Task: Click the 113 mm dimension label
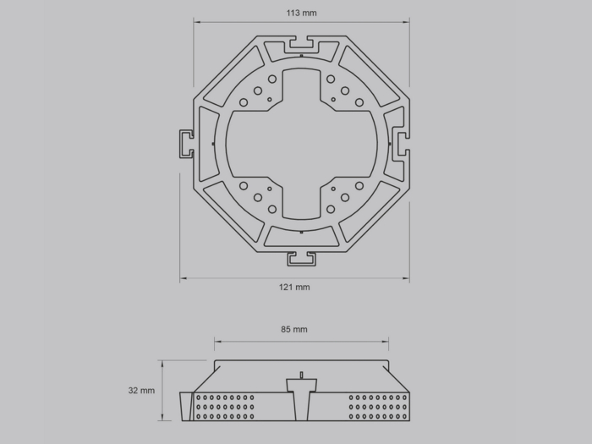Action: point(301,13)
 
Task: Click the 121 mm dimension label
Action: point(294,288)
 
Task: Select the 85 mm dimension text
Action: point(294,330)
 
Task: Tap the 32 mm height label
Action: point(141,391)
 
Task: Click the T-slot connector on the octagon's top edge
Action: point(301,45)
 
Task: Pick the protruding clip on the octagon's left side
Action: point(187,144)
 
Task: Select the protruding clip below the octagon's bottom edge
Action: point(301,259)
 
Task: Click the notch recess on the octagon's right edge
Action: point(400,144)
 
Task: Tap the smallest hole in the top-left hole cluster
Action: point(270,100)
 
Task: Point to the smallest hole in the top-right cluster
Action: point(333,100)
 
